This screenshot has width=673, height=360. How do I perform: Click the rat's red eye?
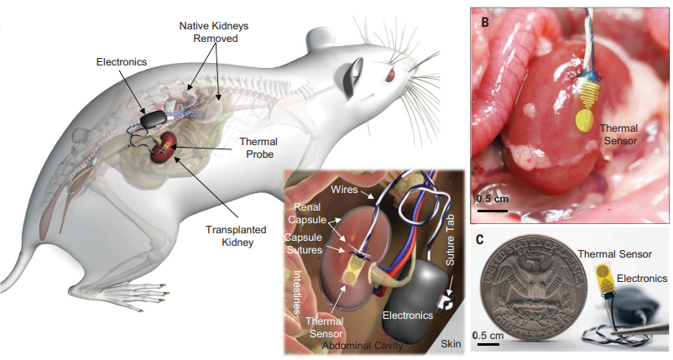tap(390, 76)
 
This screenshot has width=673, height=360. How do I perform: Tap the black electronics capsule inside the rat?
tap(153, 118)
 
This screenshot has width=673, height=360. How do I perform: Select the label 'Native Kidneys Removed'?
tap(214, 32)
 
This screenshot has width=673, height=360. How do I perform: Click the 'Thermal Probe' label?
tap(258, 148)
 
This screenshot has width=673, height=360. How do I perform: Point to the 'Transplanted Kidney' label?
tap(236, 236)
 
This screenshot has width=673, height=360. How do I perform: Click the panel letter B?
tap(485, 22)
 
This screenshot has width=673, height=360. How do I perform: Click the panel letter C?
tap(480, 239)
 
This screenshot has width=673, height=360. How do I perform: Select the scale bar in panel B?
tap(493, 211)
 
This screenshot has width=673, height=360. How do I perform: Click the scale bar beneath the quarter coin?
tap(488, 344)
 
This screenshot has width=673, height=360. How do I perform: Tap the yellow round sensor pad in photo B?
tap(585, 120)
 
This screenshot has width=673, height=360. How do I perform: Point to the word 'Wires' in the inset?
tap(344, 189)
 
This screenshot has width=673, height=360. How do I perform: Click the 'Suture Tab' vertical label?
tap(450, 239)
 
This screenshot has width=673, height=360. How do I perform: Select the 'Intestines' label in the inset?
tap(296, 293)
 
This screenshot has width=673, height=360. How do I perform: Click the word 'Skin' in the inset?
tap(451, 344)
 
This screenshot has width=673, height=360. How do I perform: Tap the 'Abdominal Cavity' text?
tap(363, 346)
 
